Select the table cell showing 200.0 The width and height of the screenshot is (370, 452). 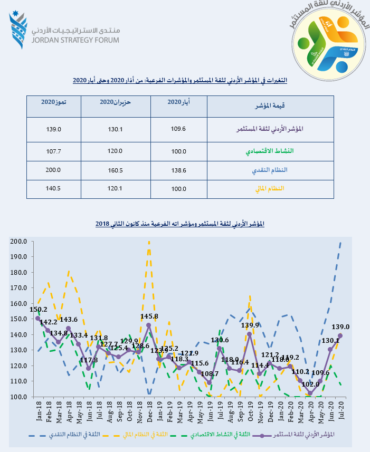point(54,170)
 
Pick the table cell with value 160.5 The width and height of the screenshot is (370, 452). point(115,170)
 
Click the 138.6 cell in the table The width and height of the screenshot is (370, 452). point(179,170)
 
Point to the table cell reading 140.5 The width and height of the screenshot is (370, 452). point(54,188)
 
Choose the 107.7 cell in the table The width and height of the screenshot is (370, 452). point(54,151)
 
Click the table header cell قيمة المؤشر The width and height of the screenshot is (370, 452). point(270,106)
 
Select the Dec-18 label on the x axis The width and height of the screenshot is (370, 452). point(150,413)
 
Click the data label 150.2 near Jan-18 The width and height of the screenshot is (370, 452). point(39,310)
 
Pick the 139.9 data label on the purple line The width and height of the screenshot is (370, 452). point(250,325)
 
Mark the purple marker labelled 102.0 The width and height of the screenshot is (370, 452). point(310,393)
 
